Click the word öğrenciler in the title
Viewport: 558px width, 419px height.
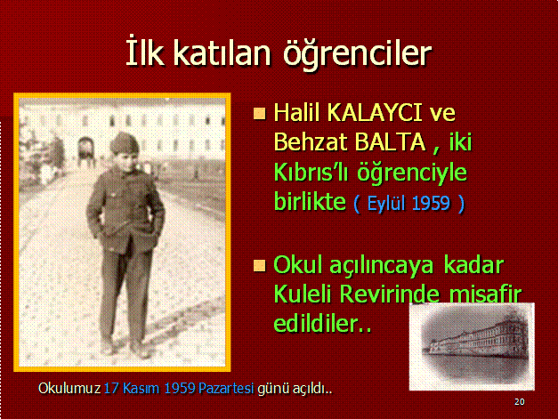click(357, 54)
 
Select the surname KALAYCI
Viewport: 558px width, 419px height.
click(375, 113)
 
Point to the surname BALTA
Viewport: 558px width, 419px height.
click(390, 142)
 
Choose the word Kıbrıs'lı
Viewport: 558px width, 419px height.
click(311, 173)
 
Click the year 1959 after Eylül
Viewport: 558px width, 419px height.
click(432, 204)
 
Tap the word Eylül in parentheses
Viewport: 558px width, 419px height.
click(386, 204)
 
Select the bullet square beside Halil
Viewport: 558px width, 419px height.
click(260, 114)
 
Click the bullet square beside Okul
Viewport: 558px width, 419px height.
click(260, 266)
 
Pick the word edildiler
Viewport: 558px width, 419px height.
click(322, 323)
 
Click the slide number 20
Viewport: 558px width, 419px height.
click(519, 402)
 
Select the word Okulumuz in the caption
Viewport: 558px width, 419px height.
click(69, 389)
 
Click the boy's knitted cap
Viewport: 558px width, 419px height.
click(124, 142)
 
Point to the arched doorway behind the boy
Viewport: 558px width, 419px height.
click(85, 149)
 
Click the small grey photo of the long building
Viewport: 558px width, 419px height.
click(472, 346)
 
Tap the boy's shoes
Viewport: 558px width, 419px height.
click(125, 349)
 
